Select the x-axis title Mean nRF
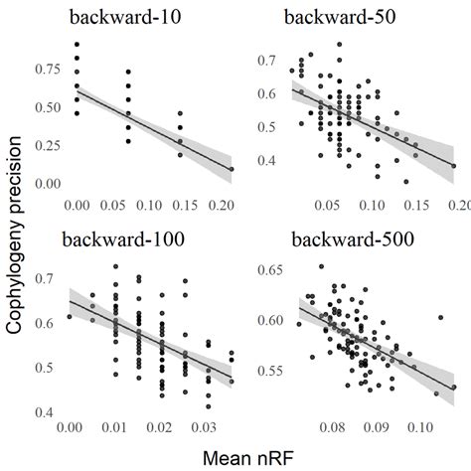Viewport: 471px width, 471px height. pyautogui.click(x=248, y=456)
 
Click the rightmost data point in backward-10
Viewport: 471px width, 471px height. pyautogui.click(x=232, y=169)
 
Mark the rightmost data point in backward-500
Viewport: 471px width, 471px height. pyautogui.click(x=453, y=388)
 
